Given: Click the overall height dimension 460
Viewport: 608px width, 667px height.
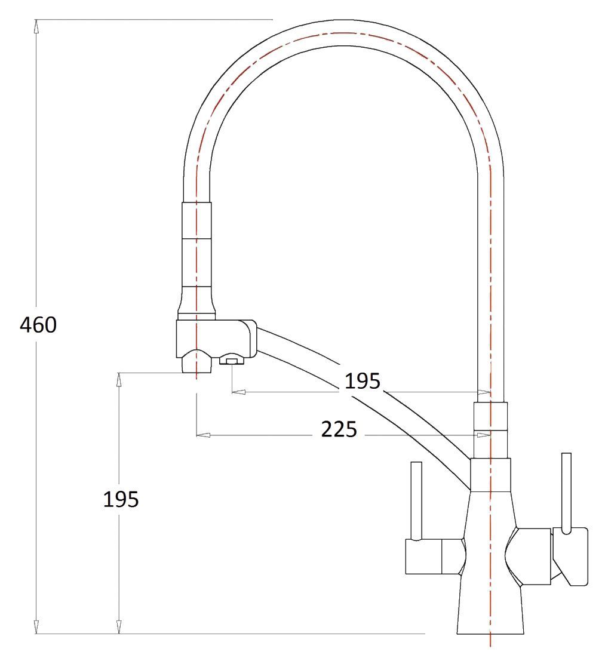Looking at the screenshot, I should click(38, 325).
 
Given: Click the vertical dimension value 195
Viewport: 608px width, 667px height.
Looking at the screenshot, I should click(121, 499).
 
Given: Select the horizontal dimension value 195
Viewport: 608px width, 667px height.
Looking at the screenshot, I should click(362, 380).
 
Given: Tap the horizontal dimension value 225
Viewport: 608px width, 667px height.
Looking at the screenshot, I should click(339, 429).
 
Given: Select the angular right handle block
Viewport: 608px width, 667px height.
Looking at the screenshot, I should click(571, 555).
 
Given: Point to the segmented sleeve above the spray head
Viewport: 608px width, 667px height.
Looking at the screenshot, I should click(195, 257).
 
